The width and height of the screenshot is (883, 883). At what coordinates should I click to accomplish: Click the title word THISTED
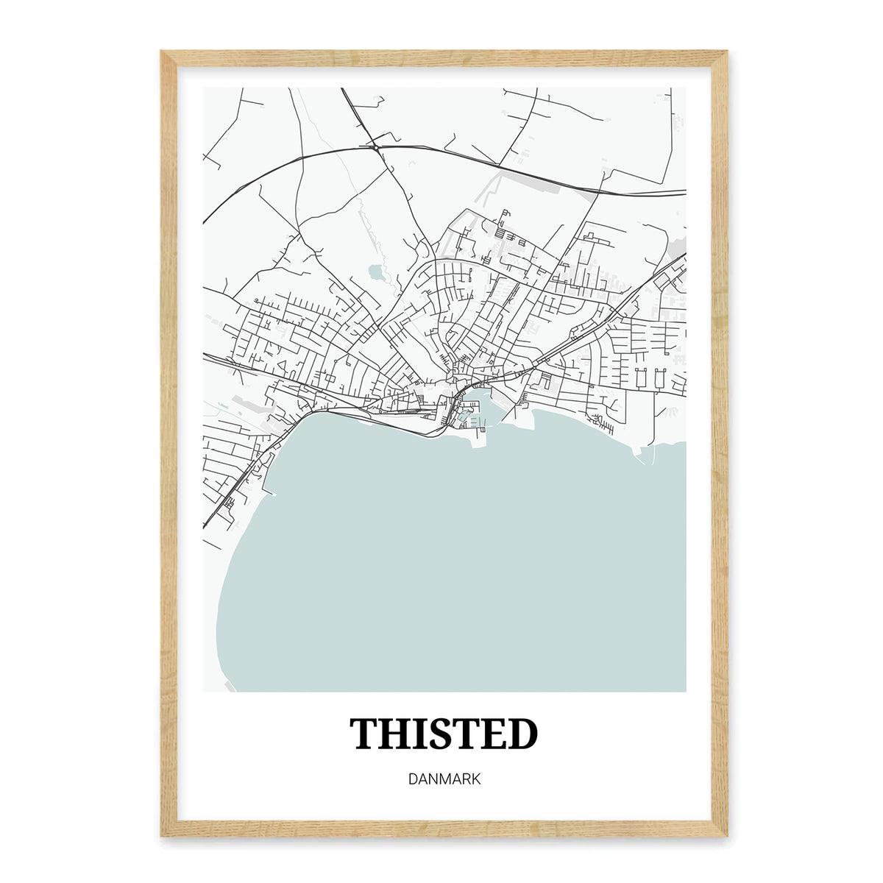click(444, 734)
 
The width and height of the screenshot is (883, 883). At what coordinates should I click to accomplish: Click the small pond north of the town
click(376, 272)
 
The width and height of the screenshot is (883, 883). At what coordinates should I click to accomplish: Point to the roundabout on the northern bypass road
click(376, 148)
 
